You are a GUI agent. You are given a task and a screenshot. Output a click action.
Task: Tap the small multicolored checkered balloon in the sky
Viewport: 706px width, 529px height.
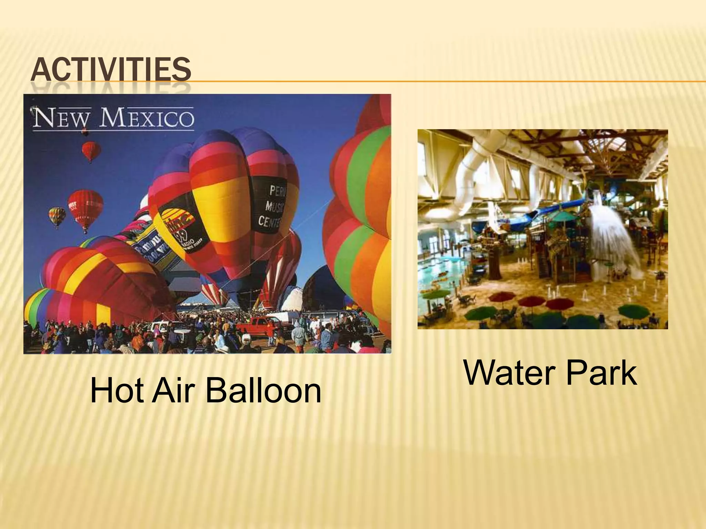click(x=57, y=216)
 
